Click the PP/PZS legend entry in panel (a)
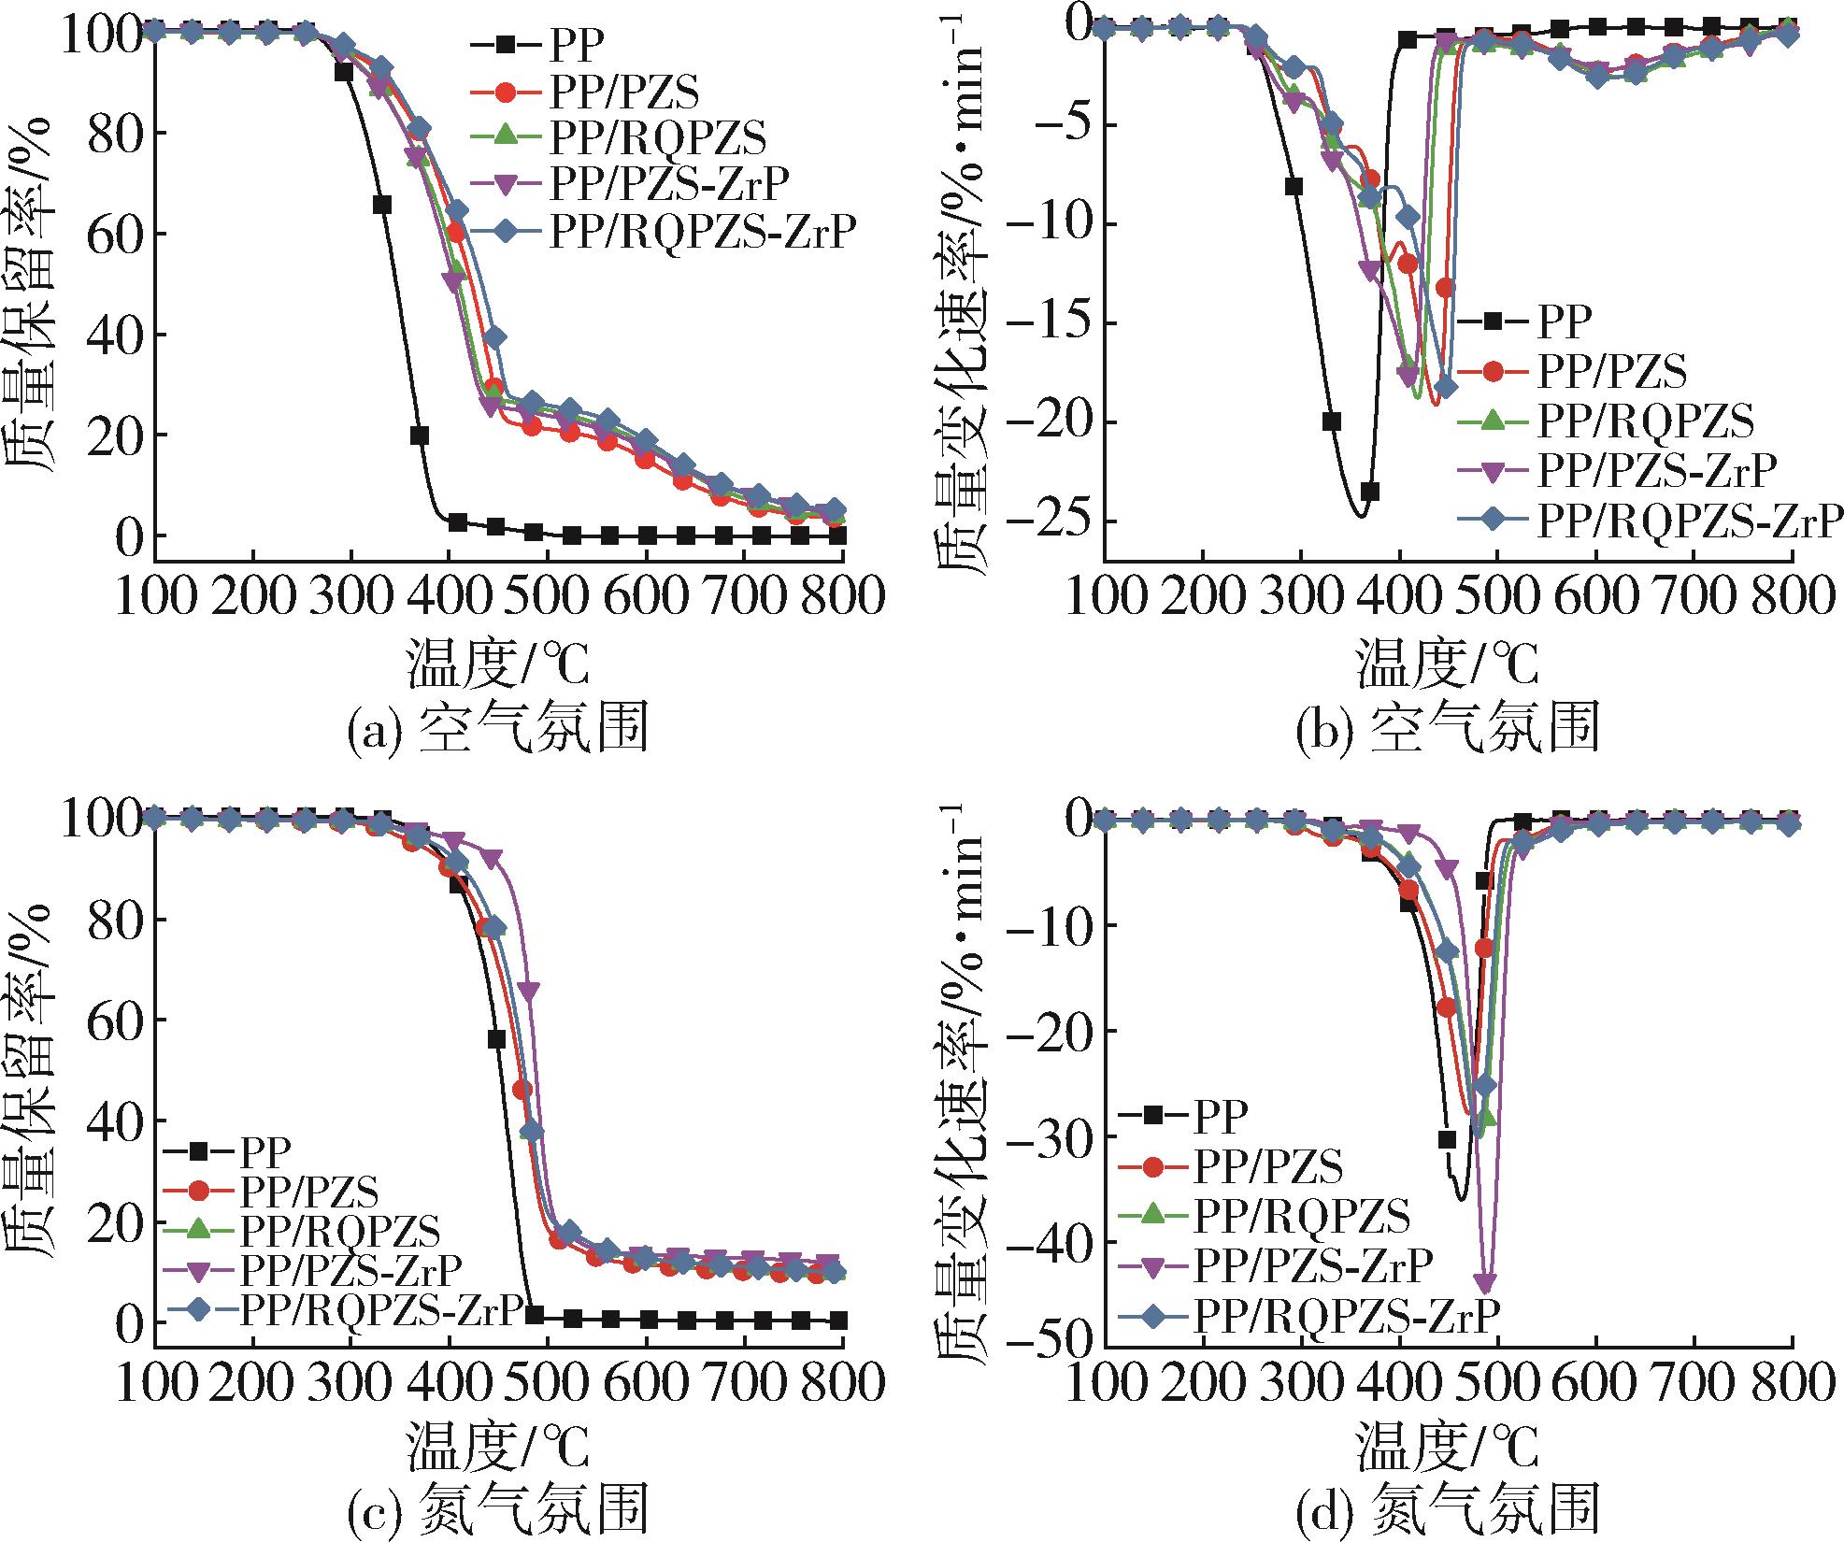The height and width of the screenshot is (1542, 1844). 623,91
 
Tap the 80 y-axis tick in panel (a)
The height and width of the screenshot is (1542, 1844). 113,134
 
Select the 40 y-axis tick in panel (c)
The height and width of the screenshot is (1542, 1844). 113,1121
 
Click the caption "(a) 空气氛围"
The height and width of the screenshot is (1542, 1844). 496,729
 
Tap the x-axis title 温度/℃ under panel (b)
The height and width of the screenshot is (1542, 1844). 1447,664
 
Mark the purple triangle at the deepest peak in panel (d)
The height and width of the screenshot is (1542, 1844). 1485,1281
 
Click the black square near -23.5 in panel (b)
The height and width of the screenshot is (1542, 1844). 1370,493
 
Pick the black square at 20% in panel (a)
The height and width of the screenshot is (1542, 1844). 420,435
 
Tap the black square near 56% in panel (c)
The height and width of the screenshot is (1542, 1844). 496,1039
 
